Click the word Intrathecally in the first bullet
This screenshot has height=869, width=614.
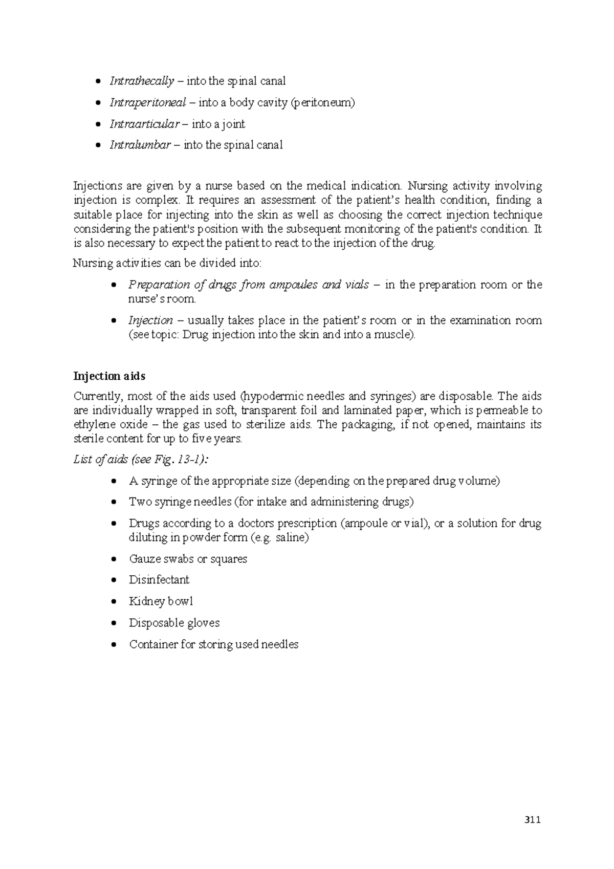pos(142,81)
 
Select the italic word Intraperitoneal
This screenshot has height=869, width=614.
pos(147,102)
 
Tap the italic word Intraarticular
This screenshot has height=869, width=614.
pos(144,124)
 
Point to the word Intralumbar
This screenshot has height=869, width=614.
pos(140,145)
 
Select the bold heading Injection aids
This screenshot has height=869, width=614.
pos(109,376)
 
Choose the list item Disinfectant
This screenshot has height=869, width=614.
pos(159,580)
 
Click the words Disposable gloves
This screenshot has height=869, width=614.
pos(174,623)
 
